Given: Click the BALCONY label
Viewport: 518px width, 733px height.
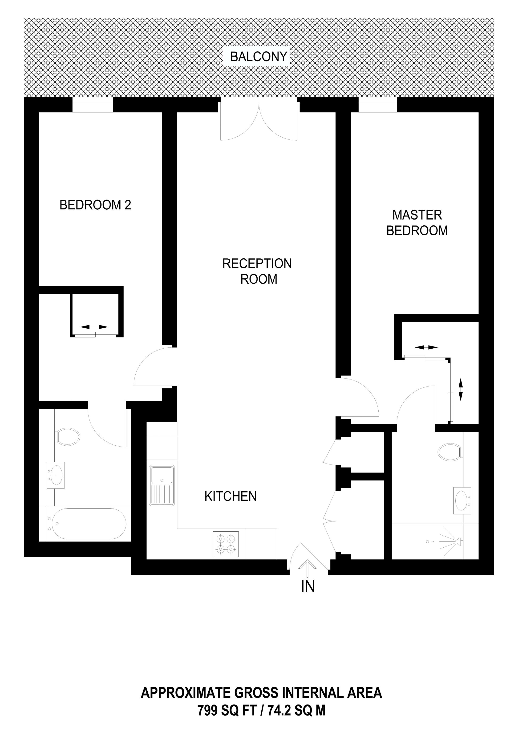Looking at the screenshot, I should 259,57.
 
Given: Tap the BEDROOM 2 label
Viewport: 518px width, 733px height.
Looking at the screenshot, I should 95,205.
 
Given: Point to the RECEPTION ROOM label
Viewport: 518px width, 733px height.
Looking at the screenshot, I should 257,271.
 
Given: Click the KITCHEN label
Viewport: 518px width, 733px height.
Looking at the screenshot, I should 231,497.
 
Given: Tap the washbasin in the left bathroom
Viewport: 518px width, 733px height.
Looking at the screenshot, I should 56,475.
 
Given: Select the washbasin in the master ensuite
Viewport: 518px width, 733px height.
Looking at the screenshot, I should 462,500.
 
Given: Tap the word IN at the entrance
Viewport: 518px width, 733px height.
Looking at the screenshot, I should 308,586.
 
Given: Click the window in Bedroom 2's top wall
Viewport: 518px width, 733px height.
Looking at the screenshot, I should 93,105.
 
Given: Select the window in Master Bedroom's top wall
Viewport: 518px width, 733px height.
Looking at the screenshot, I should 378,105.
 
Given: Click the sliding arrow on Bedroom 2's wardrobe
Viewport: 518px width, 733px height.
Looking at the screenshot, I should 94,327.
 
